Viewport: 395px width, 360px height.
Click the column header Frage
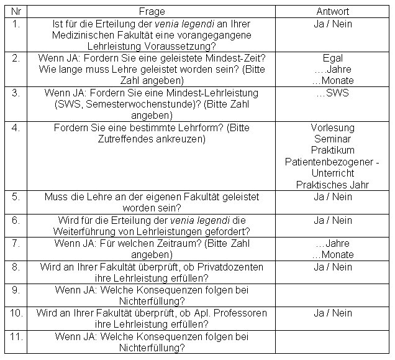point(151,11)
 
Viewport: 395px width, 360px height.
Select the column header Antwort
point(332,11)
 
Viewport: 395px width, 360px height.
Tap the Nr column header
point(17,11)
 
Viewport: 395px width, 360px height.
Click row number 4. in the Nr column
point(17,127)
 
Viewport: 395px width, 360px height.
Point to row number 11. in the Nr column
point(17,336)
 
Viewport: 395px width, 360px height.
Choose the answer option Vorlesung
point(333,127)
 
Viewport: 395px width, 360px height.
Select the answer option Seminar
point(333,139)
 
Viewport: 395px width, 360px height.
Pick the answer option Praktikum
point(333,150)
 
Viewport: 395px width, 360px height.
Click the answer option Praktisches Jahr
point(333,185)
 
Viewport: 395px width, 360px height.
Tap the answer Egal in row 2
point(333,58)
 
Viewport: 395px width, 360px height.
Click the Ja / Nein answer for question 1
point(333,23)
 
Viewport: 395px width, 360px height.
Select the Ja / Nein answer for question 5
point(333,196)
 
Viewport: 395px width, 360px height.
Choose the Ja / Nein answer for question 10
point(333,313)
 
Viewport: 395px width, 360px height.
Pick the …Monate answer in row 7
point(333,255)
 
